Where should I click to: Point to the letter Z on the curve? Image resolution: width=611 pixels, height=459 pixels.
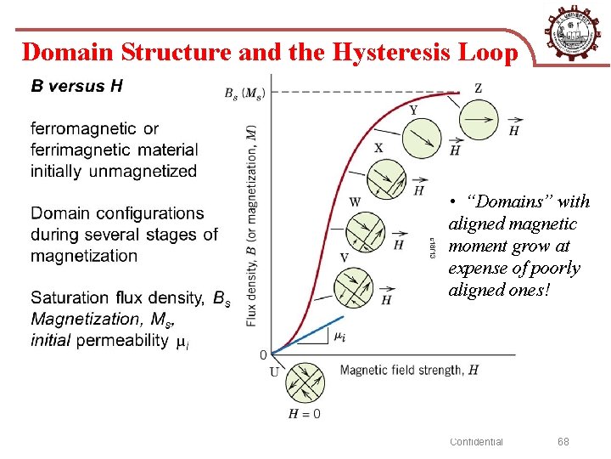pyautogui.click(x=478, y=88)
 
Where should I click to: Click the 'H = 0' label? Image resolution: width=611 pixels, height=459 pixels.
pyautogui.click(x=305, y=414)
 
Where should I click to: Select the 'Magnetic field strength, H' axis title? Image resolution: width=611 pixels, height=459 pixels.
pyautogui.click(x=409, y=370)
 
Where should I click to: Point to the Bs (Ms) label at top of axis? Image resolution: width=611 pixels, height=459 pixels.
pyautogui.click(x=244, y=93)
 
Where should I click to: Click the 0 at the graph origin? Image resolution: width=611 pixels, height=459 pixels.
pyautogui.click(x=263, y=354)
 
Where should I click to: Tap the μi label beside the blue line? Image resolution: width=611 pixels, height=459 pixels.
pyautogui.click(x=338, y=337)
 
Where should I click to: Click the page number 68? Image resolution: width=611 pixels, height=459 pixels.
pyautogui.click(x=563, y=441)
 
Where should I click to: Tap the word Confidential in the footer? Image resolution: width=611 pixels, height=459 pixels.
pyautogui.click(x=476, y=441)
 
